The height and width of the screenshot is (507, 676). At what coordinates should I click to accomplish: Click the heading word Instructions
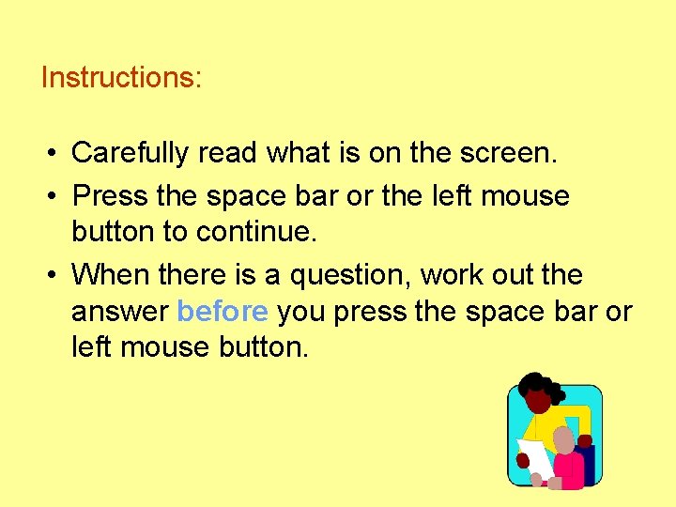pyautogui.click(x=119, y=77)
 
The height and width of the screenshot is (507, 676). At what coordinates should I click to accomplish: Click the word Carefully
pyautogui.click(x=131, y=153)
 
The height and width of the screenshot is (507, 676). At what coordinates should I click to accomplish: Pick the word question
pyautogui.click(x=351, y=275)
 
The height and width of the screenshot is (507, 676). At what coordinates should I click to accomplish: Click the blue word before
pyautogui.click(x=223, y=311)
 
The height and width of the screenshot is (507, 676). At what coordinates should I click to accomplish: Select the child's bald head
pyautogui.click(x=563, y=439)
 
